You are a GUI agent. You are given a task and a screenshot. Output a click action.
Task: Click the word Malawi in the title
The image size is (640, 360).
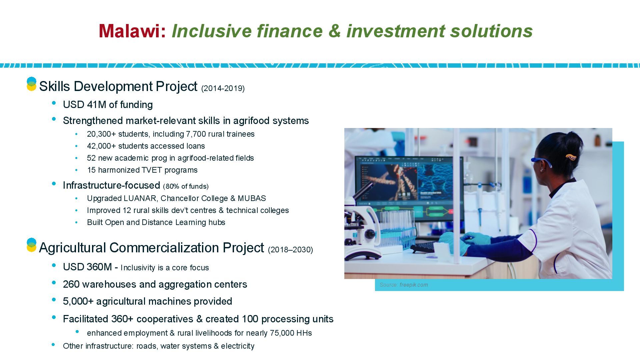pos(129,31)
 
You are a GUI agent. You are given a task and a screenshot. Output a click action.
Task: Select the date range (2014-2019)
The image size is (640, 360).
pos(223,88)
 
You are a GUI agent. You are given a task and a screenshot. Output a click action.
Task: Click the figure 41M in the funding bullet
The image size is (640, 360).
pos(96,105)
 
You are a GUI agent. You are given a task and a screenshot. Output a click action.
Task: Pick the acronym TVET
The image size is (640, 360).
pos(152,170)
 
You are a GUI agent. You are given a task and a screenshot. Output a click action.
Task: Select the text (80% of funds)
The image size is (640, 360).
pos(186,186)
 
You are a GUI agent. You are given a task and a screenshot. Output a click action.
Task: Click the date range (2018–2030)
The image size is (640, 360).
pos(290,250)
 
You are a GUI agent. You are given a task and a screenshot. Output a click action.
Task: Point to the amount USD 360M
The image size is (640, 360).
pos(87,267)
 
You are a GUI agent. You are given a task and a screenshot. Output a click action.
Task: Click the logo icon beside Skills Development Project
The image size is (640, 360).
pos(31,84)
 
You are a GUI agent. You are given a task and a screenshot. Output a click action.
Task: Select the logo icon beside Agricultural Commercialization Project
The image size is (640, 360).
pos(31,245)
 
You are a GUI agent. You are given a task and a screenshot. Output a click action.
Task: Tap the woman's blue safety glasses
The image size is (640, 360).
pos(541,162)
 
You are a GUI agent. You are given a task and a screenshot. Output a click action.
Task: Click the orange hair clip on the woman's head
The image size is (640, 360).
pos(571,157)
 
